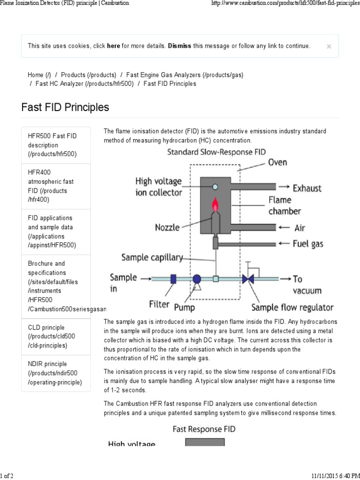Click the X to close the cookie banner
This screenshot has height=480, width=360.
point(329,46)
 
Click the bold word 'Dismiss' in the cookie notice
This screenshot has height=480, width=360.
point(180,46)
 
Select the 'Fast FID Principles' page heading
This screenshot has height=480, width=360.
point(65,107)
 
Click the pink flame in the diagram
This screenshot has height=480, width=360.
point(216,204)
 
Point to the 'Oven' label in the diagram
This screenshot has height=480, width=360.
point(277,163)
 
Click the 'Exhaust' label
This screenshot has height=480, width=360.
point(307,188)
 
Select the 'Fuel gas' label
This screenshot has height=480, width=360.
point(308,244)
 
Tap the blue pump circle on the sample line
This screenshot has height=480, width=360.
point(196,279)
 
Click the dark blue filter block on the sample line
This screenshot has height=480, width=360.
point(173,279)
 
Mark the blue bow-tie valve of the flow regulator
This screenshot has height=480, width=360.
point(248,279)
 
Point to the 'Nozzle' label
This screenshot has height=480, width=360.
point(167,228)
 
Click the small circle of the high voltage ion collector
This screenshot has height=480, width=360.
point(215,187)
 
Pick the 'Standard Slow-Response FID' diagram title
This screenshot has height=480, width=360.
point(216,152)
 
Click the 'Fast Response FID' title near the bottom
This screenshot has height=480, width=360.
point(204,428)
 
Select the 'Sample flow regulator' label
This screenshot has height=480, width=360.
point(292,307)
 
